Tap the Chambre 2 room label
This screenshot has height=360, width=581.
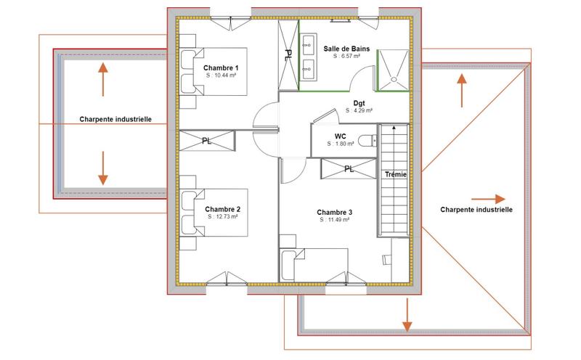pyautogui.click(x=222, y=208)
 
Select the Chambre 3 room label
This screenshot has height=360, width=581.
pyautogui.click(x=335, y=212)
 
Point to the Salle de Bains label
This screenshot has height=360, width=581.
pyautogui.click(x=346, y=49)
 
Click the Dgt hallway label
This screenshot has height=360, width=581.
pyautogui.click(x=359, y=103)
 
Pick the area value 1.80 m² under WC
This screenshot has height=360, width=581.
pyautogui.click(x=340, y=144)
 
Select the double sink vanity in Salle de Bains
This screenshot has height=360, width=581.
pyautogui.click(x=306, y=56)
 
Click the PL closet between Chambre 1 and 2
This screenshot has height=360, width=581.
pyautogui.click(x=208, y=141)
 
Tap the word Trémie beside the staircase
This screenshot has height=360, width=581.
pyautogui.click(x=396, y=175)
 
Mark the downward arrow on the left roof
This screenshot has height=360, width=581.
pyautogui.click(x=103, y=168)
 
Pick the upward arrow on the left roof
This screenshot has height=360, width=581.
pyautogui.click(x=103, y=78)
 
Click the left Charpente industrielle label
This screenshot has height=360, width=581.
pyautogui.click(x=115, y=120)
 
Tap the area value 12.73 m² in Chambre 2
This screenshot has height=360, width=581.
pyautogui.click(x=222, y=216)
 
